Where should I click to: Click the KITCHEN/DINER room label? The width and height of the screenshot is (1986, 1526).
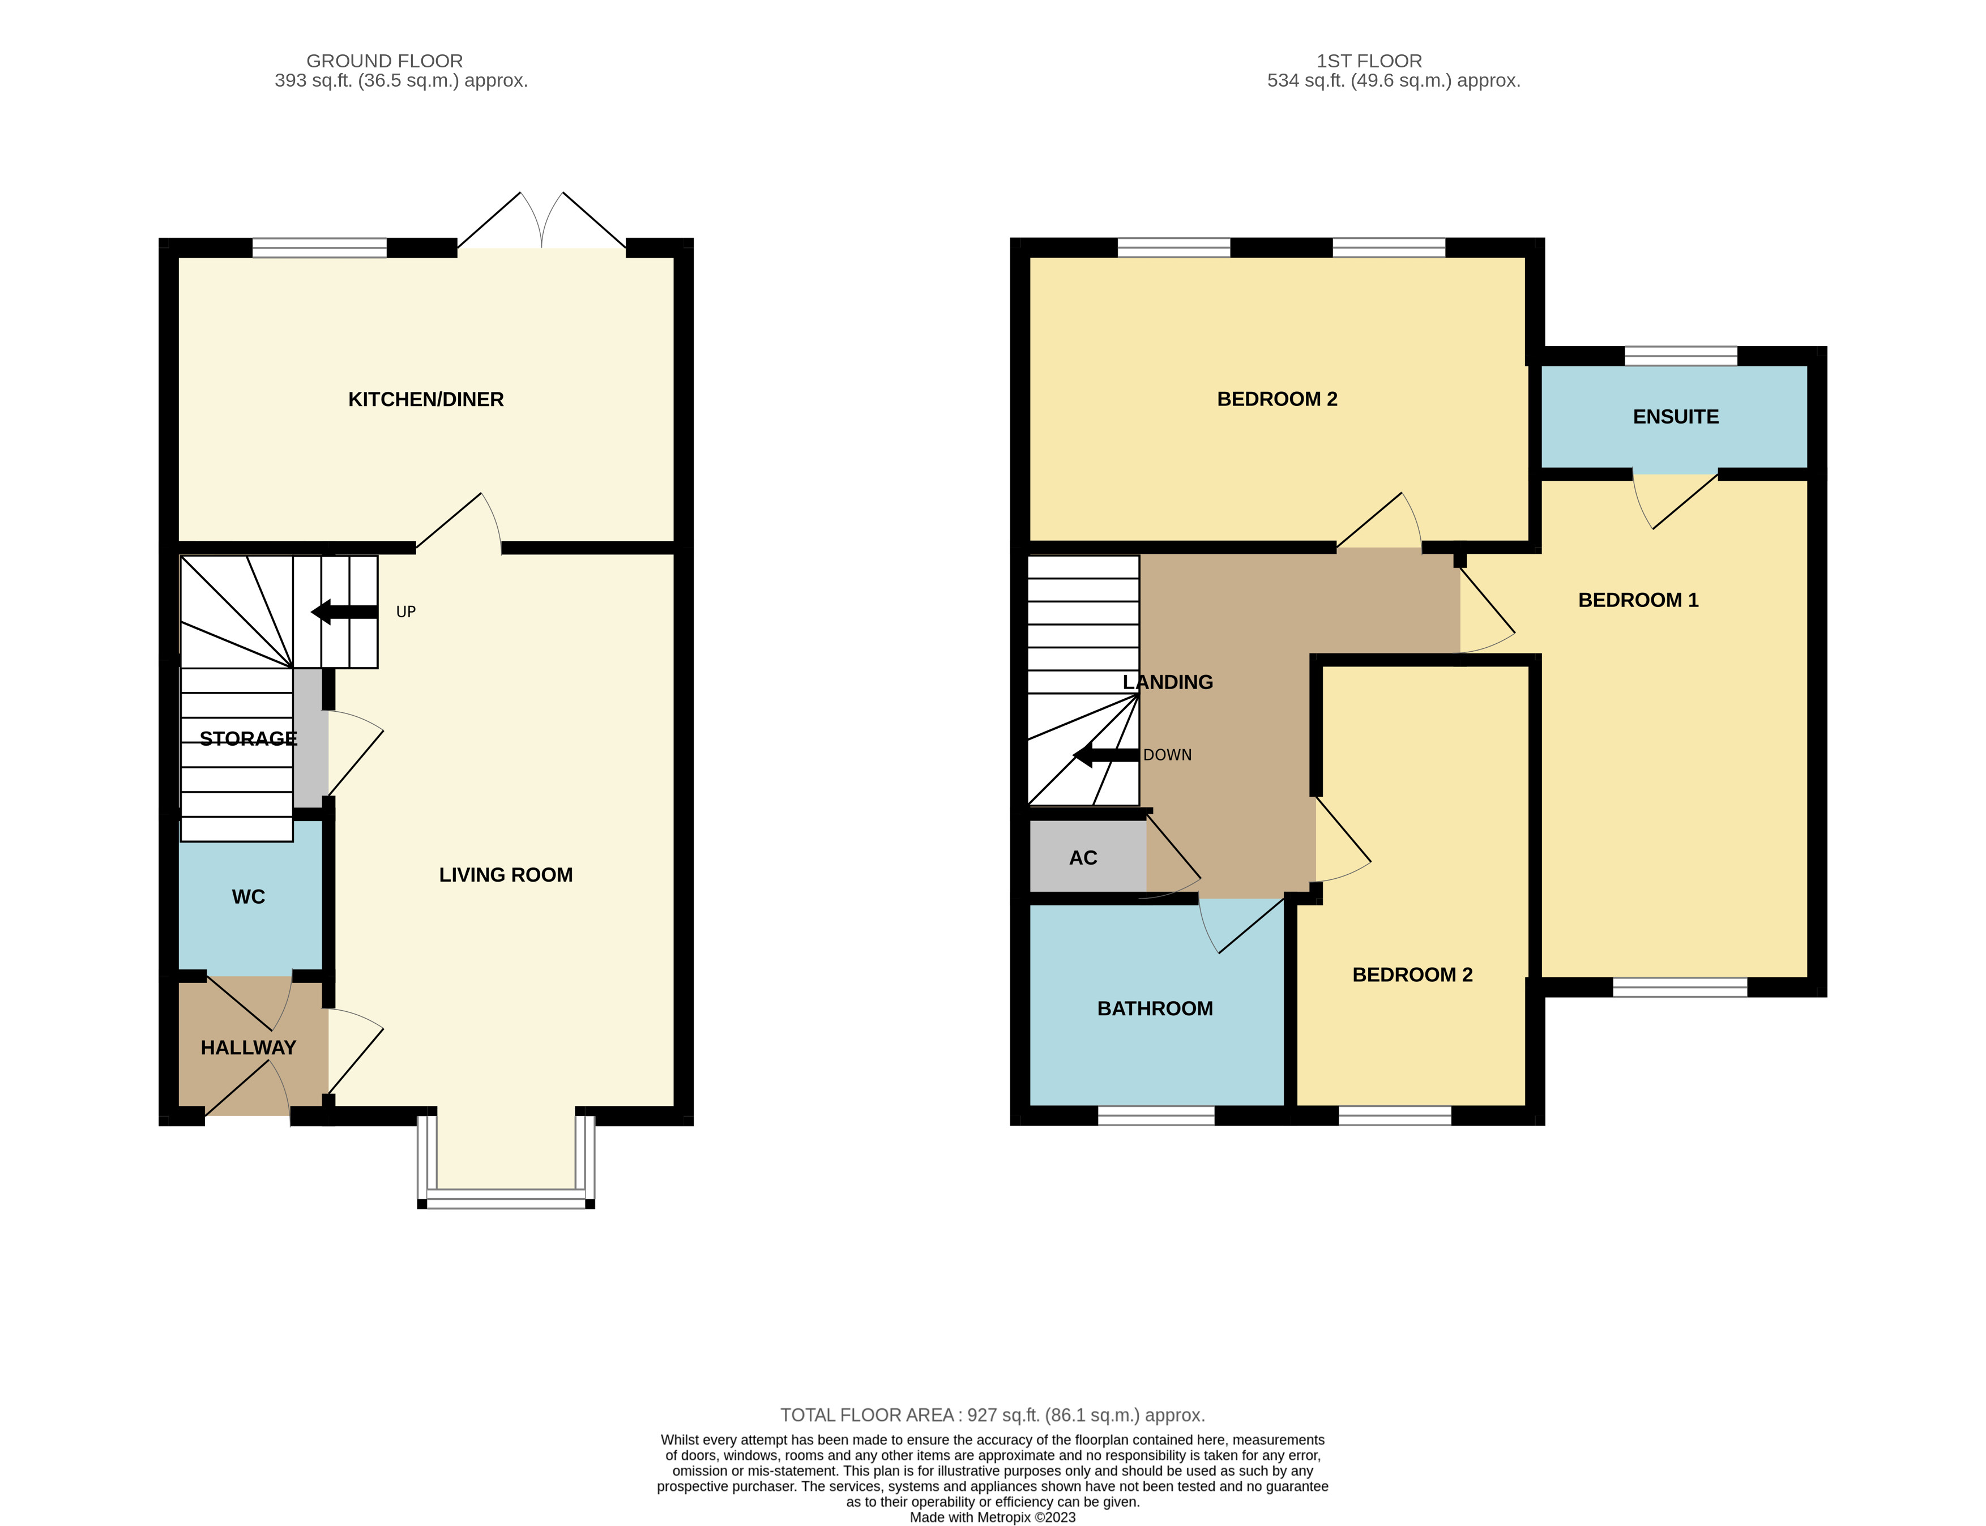pos(425,400)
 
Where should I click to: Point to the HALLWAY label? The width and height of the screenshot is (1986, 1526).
pos(248,1048)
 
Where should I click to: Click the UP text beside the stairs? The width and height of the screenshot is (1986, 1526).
pos(405,612)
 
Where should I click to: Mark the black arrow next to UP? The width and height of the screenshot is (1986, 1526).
pos(343,612)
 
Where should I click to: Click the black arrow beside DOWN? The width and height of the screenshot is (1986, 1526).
pos(1105,755)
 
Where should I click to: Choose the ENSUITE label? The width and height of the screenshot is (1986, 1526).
pos(1675,417)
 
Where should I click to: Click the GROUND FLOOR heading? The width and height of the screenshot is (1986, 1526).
pos(385,61)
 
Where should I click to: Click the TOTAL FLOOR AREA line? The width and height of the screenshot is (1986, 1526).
pos(992,1414)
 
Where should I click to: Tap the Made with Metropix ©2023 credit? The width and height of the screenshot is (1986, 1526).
pos(992,1517)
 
